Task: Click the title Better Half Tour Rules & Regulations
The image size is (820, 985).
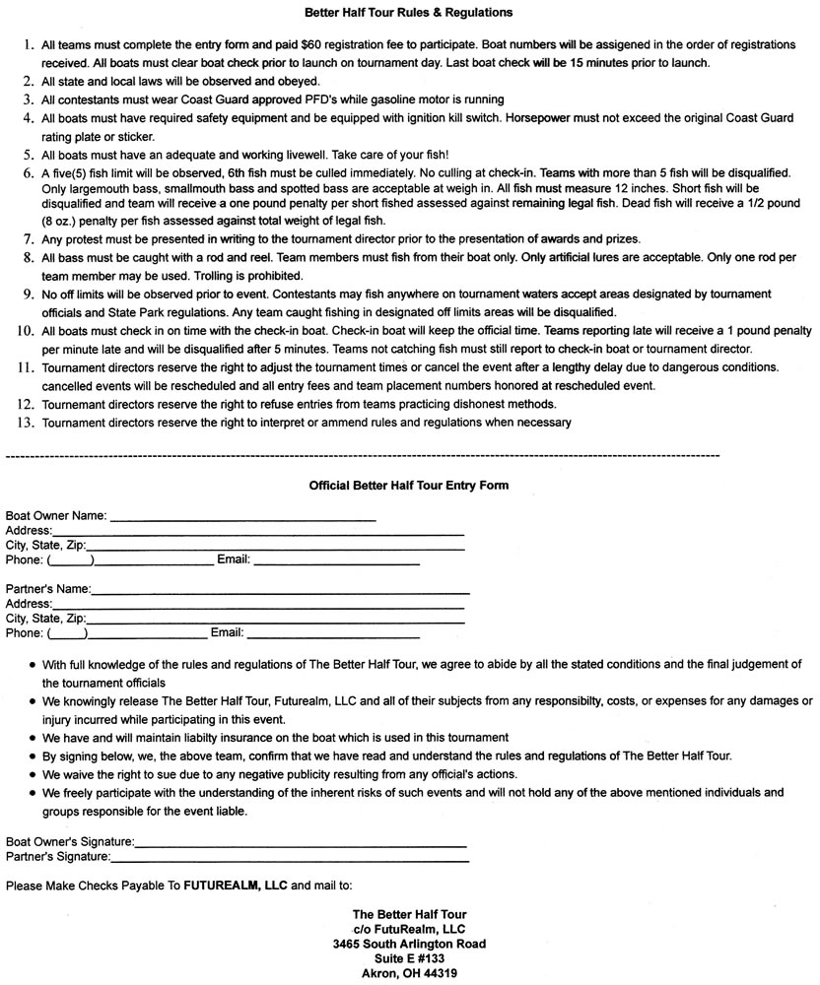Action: (x=409, y=13)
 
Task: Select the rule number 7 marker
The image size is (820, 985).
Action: (x=26, y=239)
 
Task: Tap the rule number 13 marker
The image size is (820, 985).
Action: (x=24, y=423)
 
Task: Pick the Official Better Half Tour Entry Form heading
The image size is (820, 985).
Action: (x=409, y=486)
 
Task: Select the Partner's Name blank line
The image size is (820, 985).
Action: (x=280, y=590)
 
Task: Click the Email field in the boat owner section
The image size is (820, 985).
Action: (x=336, y=561)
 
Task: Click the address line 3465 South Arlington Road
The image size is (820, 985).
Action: (x=409, y=944)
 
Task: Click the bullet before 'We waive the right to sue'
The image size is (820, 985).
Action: (x=34, y=775)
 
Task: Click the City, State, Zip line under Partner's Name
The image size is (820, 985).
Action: (x=275, y=620)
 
